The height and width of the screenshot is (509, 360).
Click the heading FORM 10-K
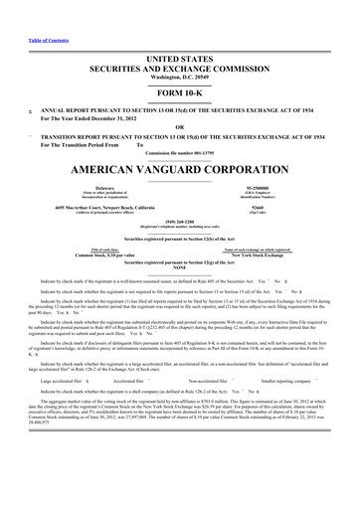tap(180, 67)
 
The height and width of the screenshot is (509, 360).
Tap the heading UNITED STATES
tap(180, 33)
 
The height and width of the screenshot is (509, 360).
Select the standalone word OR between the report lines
tap(180, 98)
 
